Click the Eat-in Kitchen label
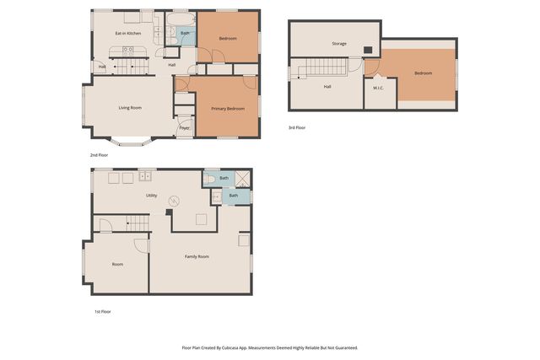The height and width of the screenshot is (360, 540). (127, 33)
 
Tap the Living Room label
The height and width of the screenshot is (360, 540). (129, 107)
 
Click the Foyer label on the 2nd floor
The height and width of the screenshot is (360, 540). (184, 127)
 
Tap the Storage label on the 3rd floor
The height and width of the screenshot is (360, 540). (339, 43)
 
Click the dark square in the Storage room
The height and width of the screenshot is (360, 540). (368, 49)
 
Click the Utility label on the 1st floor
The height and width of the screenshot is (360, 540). (152, 195)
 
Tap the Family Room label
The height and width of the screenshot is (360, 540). (197, 256)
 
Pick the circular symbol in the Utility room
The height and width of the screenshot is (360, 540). (174, 201)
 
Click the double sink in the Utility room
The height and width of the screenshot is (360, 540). (146, 176)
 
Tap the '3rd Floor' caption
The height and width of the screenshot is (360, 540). (296, 127)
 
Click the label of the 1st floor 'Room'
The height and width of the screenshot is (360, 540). (117, 264)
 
